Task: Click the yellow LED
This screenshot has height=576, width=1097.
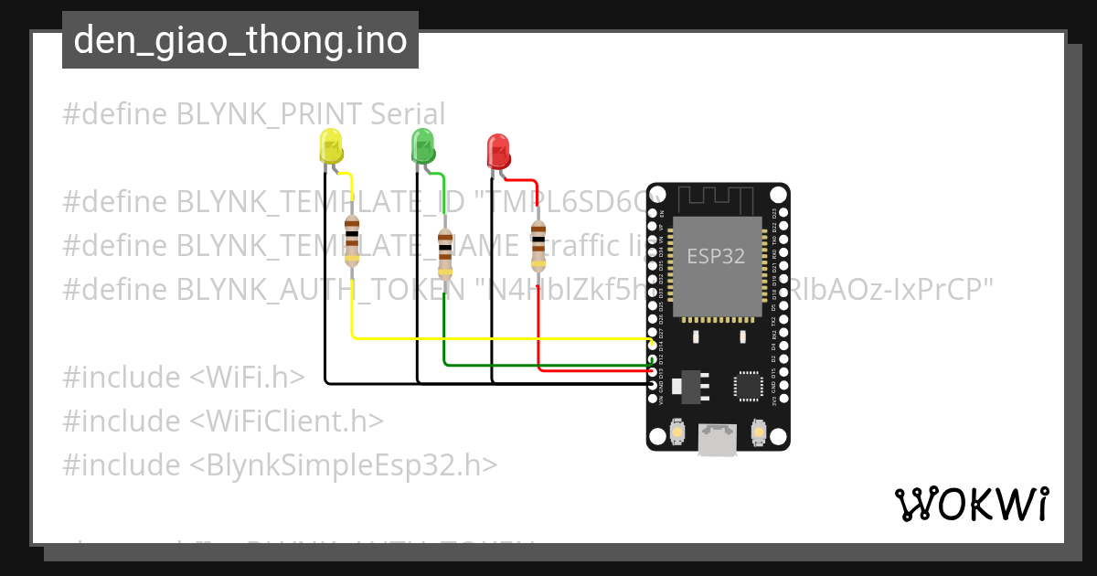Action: click(x=330, y=147)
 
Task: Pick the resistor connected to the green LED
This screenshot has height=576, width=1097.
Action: click(x=444, y=253)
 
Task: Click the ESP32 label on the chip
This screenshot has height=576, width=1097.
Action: click(x=716, y=257)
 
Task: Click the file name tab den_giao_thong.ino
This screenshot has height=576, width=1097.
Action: click(x=240, y=40)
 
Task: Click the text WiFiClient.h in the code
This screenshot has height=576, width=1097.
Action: click(x=287, y=421)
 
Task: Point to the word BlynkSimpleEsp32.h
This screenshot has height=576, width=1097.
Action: click(x=344, y=465)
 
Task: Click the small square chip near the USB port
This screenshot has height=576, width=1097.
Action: click(x=749, y=386)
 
